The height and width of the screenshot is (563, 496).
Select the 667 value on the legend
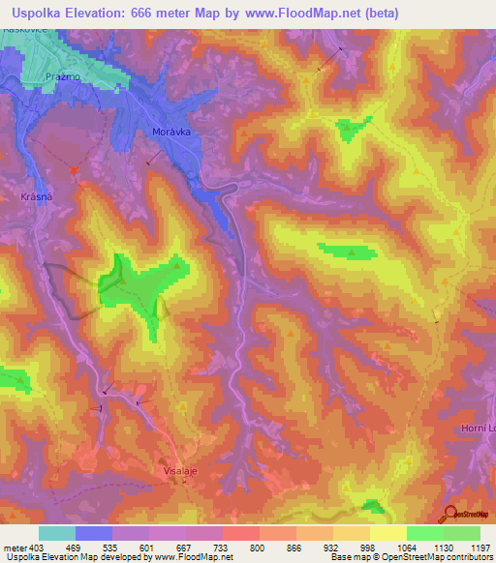coord(184,548)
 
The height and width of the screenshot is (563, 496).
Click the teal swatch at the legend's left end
coord(57,533)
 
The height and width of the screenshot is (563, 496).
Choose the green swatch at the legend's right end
coord(462,533)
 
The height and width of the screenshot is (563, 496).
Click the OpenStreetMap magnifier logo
coord(449,514)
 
